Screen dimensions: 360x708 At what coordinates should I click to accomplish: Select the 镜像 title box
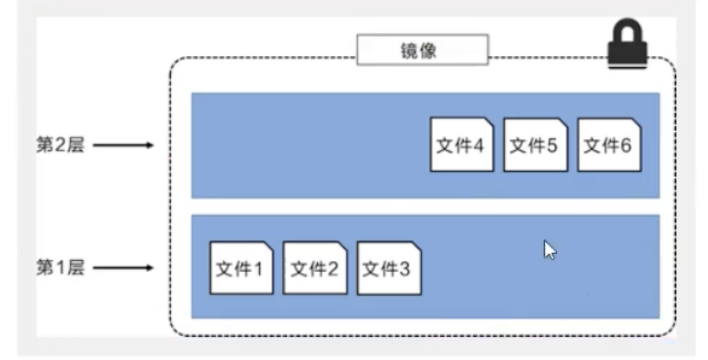422,50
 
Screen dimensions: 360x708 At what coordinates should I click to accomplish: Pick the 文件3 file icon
389,268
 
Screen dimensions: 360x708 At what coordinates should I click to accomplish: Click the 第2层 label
61,145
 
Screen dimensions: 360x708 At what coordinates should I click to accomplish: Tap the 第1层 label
61,268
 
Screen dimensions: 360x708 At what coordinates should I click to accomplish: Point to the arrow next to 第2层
123,145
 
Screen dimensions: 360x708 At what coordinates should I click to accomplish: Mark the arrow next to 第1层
123,268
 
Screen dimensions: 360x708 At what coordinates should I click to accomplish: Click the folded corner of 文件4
488,123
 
